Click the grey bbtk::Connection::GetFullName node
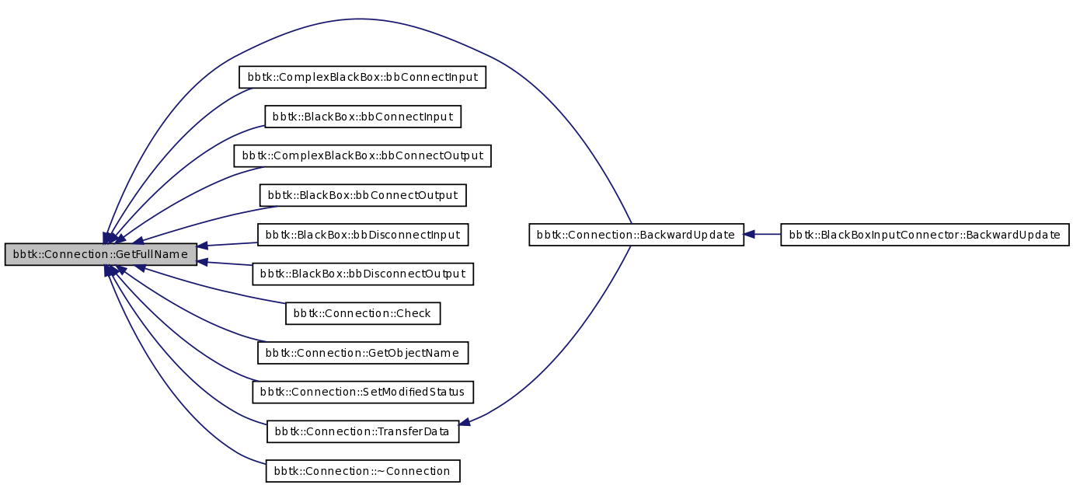tap(100, 254)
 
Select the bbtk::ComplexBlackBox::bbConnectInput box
tap(362, 78)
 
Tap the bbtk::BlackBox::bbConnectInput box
tap(363, 117)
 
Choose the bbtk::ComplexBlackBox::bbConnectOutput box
tap(363, 156)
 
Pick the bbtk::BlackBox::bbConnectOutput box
tap(363, 195)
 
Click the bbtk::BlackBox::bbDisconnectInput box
tap(363, 234)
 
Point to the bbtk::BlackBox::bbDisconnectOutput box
tap(363, 274)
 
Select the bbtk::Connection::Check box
tap(363, 313)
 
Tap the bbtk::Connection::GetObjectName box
tap(363, 353)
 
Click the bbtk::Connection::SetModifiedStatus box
tap(363, 392)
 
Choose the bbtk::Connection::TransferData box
tap(363, 431)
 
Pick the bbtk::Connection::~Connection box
tap(363, 471)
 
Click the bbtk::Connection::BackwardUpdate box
tap(636, 235)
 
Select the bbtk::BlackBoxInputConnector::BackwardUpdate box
tap(925, 235)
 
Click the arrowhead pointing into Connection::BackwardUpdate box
tap(750, 234)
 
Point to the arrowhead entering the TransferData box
tap(465, 423)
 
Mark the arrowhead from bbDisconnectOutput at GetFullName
tap(203, 262)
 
